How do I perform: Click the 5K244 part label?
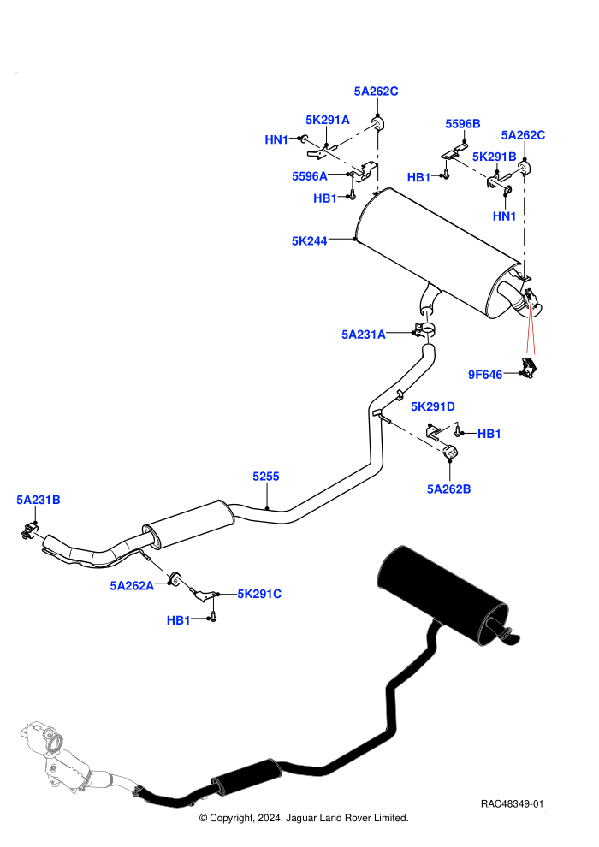[x=310, y=241]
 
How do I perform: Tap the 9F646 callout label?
[x=485, y=375]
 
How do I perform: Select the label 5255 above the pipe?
[x=266, y=476]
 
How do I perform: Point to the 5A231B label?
[x=39, y=500]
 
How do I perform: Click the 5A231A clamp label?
[x=364, y=335]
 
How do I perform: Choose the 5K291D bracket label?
[x=433, y=406]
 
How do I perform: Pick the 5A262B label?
[x=449, y=489]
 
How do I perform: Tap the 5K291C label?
[x=259, y=594]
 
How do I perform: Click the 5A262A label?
[x=132, y=585]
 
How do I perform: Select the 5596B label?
[x=463, y=124]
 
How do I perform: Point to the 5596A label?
[x=310, y=176]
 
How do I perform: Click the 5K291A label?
[x=328, y=120]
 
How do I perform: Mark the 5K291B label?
[x=495, y=157]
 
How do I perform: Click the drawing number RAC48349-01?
[x=512, y=803]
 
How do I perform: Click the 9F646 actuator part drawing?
[x=529, y=368]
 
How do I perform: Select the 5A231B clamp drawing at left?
[x=30, y=531]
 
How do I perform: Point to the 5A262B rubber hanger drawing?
[x=450, y=452]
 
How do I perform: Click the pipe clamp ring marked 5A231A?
[x=424, y=329]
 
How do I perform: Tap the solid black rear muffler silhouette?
[x=443, y=595]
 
